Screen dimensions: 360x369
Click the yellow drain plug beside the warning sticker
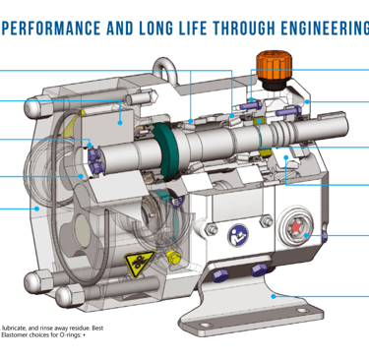(171, 258)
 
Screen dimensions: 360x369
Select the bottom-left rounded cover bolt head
(66, 294)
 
